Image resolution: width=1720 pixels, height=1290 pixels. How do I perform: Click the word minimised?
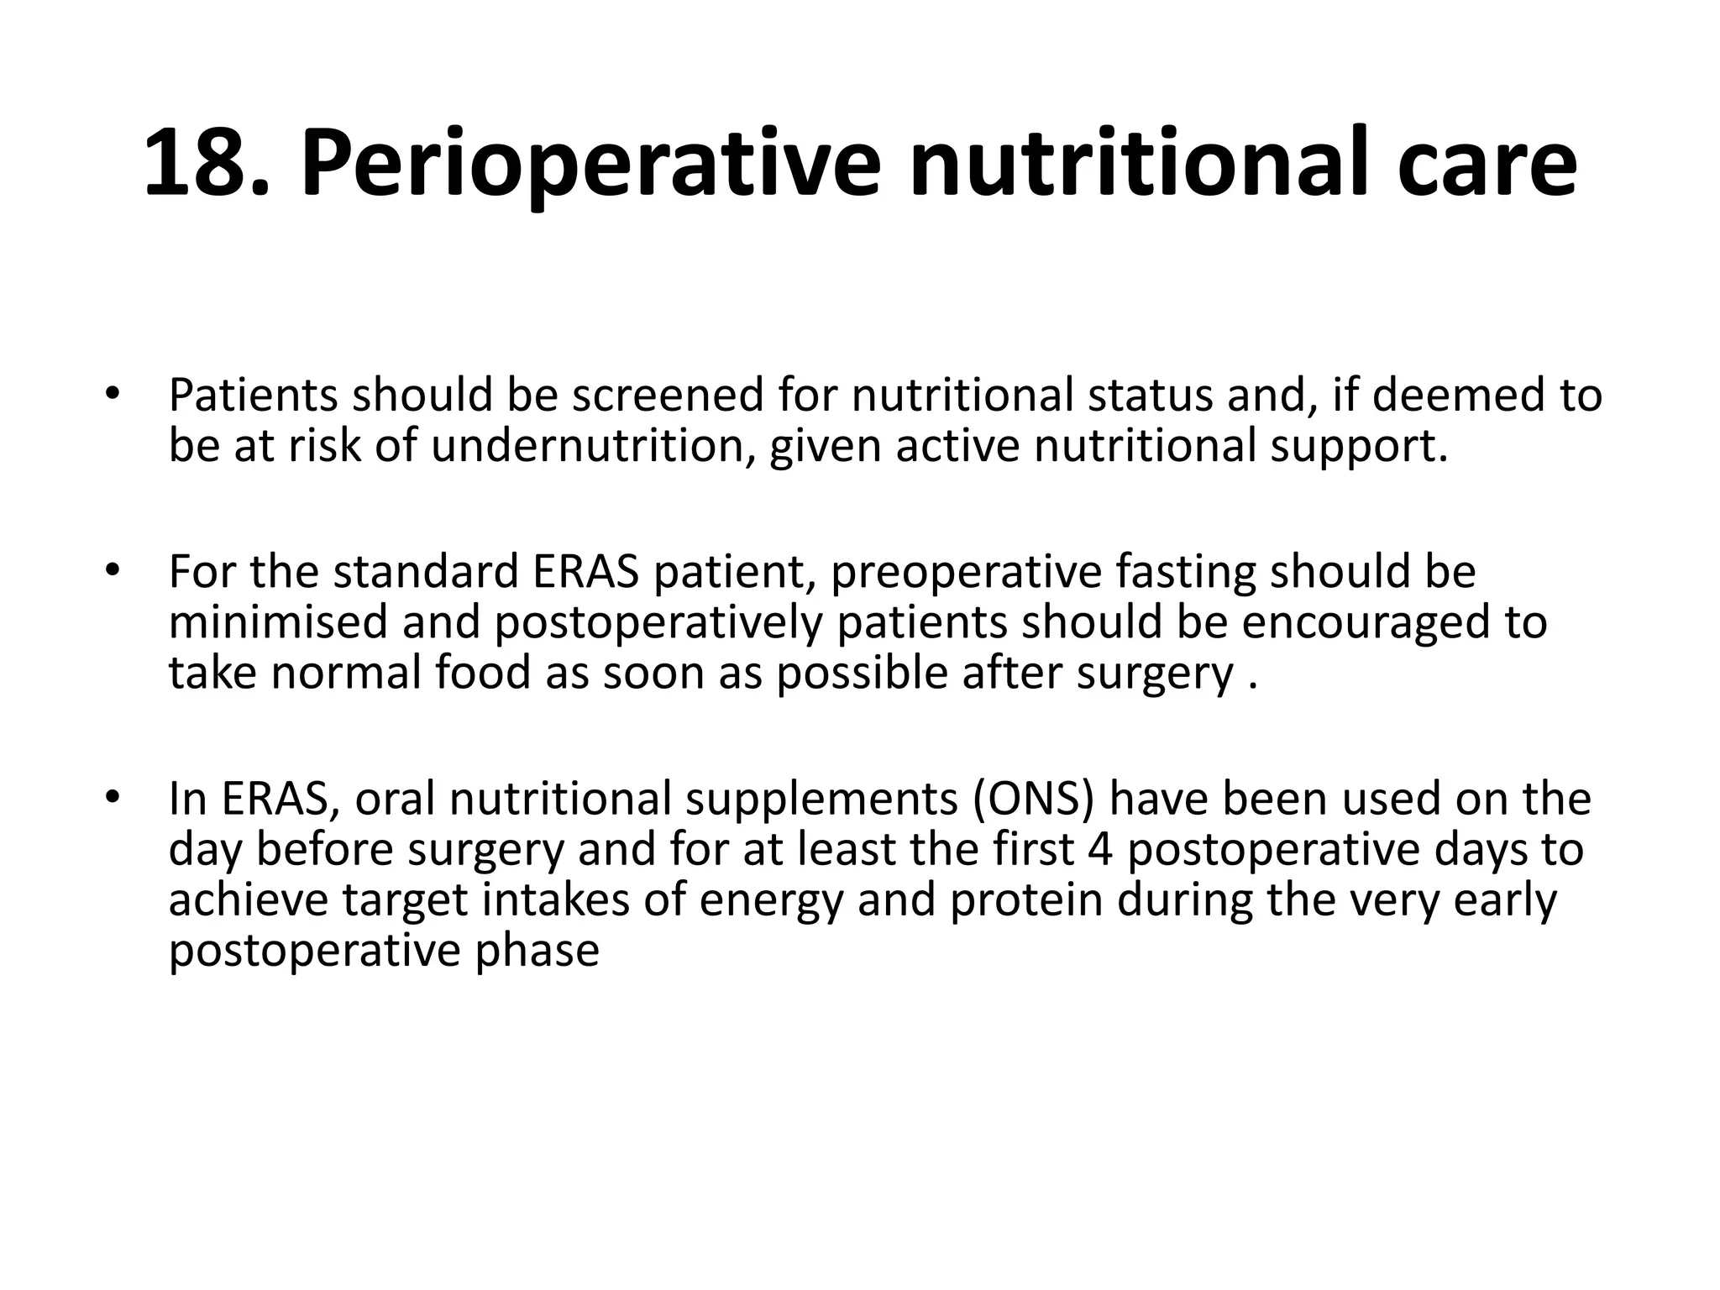[277, 622]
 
